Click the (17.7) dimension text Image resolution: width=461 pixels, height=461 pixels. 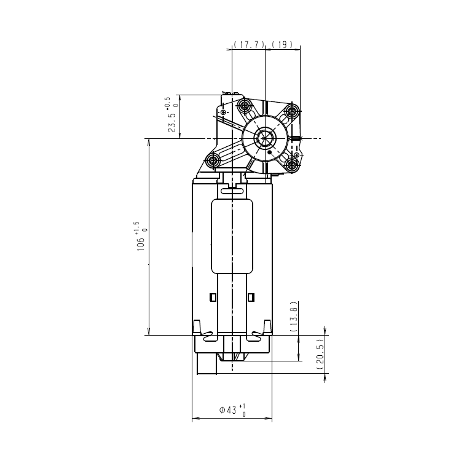click(249, 45)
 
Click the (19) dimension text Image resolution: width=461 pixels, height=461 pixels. click(282, 45)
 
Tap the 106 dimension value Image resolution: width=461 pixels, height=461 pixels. click(141, 244)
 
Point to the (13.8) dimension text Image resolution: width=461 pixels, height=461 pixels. click(294, 317)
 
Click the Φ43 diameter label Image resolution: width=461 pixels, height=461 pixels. click(228, 409)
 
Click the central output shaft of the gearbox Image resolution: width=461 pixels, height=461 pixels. click(265, 138)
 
